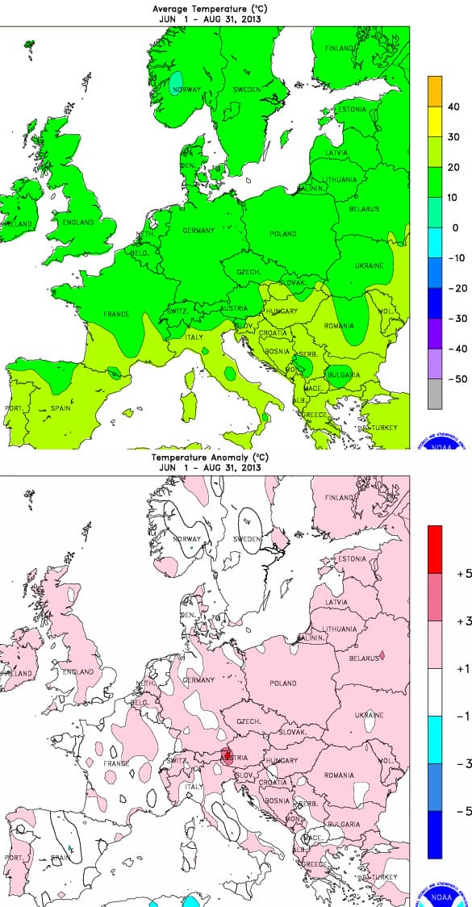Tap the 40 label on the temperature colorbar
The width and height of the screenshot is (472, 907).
click(x=453, y=107)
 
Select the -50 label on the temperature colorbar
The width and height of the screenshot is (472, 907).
click(x=455, y=378)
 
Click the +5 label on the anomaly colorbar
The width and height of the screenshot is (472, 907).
click(x=463, y=574)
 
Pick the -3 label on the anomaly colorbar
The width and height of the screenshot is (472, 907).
click(x=463, y=763)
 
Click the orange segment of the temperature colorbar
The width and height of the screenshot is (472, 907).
click(x=435, y=91)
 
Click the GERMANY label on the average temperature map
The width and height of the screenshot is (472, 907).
click(x=198, y=231)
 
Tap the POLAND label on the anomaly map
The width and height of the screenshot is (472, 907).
click(x=283, y=683)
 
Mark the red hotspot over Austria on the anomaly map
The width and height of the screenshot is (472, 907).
click(x=228, y=755)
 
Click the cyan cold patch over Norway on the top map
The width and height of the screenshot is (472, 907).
click(x=177, y=82)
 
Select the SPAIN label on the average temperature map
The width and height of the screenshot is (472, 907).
click(x=61, y=408)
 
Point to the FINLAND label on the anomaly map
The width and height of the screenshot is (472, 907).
click(x=339, y=499)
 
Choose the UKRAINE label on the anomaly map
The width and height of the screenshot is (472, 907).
click(x=369, y=715)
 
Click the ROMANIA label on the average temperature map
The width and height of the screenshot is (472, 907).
click(x=338, y=326)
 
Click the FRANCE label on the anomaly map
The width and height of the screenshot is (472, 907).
click(x=116, y=763)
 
